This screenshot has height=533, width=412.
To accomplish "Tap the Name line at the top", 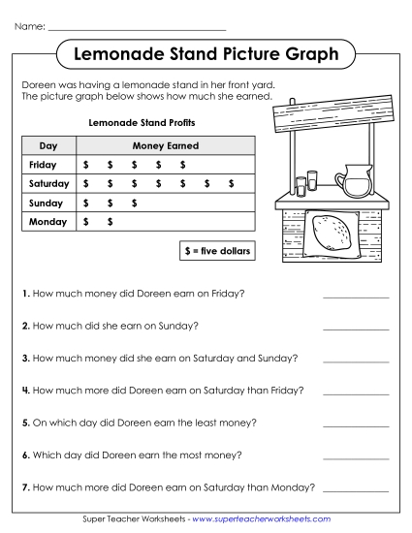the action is pos(136,29).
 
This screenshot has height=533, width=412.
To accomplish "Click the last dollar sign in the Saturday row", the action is pos(231,183).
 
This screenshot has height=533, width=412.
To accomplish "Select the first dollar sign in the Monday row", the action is pos(86,222).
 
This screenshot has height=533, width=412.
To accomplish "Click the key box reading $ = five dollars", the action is pos(216,250).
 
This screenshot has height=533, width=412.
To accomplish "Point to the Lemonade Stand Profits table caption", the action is pos(135,123).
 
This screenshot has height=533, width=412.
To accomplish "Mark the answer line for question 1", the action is pos(355,298).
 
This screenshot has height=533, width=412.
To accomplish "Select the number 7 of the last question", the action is pos(24,486).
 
